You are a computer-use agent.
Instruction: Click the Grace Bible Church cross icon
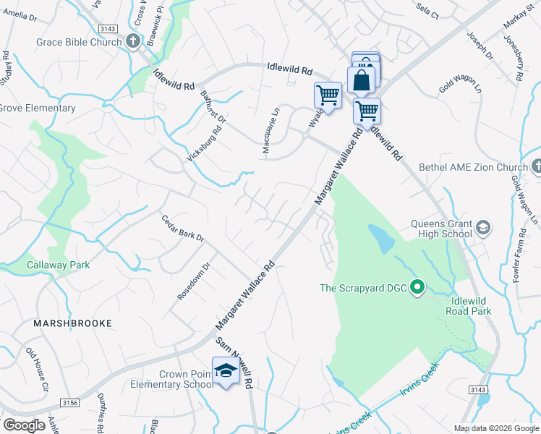coord(133,42)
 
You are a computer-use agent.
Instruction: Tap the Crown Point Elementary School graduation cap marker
coord(226,370)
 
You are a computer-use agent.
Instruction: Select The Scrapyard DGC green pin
coord(417,288)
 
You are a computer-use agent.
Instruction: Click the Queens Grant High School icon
coord(483,229)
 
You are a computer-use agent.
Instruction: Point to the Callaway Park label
coord(59,265)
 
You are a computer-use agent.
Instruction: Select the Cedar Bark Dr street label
coord(183,229)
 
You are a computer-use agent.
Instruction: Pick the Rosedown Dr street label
coord(193,281)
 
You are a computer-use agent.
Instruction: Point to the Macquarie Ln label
coord(270,125)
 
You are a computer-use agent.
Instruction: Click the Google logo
coord(25,425)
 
